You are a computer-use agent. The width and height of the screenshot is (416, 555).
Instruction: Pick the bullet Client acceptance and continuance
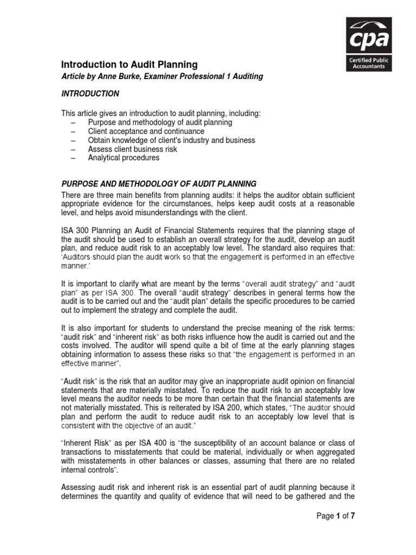[146, 131]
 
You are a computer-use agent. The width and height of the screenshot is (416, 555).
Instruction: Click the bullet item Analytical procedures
[123, 158]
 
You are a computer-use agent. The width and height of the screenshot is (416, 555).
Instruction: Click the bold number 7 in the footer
[352, 516]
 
